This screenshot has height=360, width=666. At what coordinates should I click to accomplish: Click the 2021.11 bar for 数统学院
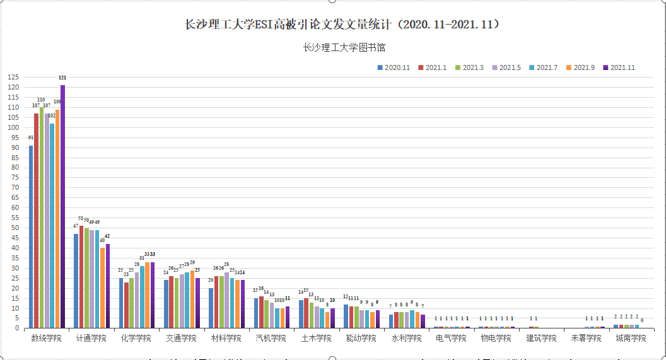coord(62,208)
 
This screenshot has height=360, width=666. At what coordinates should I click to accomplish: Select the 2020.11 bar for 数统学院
coord(31,236)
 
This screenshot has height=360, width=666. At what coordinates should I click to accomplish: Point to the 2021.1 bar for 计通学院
coord(81,277)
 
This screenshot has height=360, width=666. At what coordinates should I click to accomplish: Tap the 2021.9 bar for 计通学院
coord(103,287)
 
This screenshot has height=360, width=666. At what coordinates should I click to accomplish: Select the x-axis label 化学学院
coord(136,338)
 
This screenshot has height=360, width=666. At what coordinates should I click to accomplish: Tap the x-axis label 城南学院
coord(631,338)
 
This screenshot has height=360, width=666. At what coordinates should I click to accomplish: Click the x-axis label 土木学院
coord(317,338)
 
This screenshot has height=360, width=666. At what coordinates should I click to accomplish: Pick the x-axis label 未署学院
coord(586,338)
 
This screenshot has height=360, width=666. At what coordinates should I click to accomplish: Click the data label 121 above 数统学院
coord(62,78)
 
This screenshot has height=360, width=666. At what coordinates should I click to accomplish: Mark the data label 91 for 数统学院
coord(31,137)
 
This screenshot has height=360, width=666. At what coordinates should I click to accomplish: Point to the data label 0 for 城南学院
coord(642,320)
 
